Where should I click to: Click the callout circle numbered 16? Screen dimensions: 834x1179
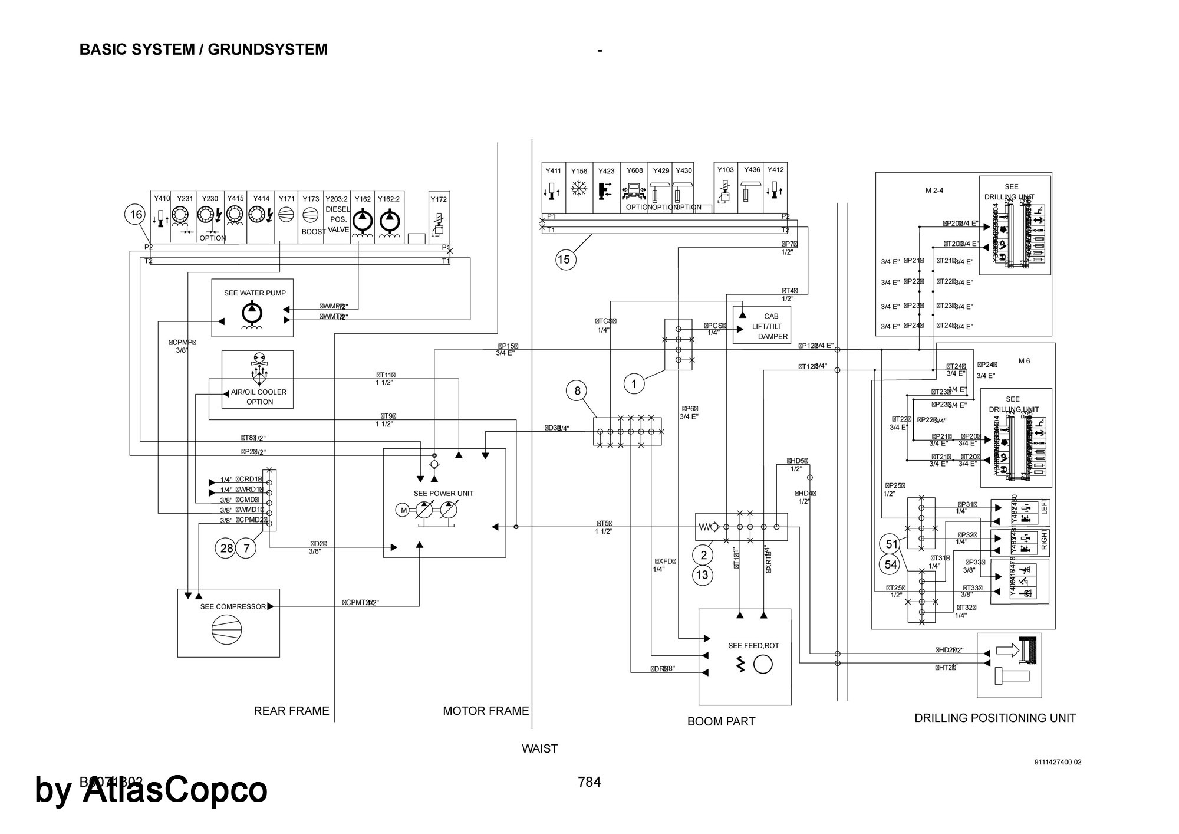[x=136, y=215]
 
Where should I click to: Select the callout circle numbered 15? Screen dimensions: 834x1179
[x=564, y=260]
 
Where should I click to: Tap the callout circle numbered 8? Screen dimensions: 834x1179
[x=577, y=390]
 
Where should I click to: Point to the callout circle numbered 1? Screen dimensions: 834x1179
[x=634, y=385]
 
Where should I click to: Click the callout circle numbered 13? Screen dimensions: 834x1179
[x=703, y=575]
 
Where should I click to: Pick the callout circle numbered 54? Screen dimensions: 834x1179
[x=891, y=565]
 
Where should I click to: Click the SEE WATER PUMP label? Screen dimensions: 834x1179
[x=255, y=293]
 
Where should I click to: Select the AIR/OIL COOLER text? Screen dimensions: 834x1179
[x=259, y=392]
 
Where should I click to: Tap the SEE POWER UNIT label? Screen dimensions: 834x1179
[x=443, y=494]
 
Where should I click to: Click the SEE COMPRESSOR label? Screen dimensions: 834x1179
[x=233, y=606]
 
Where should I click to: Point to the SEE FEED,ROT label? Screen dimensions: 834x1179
[x=753, y=646]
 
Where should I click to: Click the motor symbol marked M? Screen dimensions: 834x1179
[x=404, y=510]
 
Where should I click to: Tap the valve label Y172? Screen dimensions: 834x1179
[x=439, y=199]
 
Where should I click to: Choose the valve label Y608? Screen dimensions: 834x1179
[x=634, y=171]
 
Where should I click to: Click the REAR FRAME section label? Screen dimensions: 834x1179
[x=291, y=711]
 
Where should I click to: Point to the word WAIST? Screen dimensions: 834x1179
[x=539, y=748]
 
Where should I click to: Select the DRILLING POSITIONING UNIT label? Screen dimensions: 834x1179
[x=995, y=718]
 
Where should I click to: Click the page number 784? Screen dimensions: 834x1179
[x=589, y=782]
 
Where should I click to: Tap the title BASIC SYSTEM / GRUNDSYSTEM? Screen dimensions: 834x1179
[x=203, y=50]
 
